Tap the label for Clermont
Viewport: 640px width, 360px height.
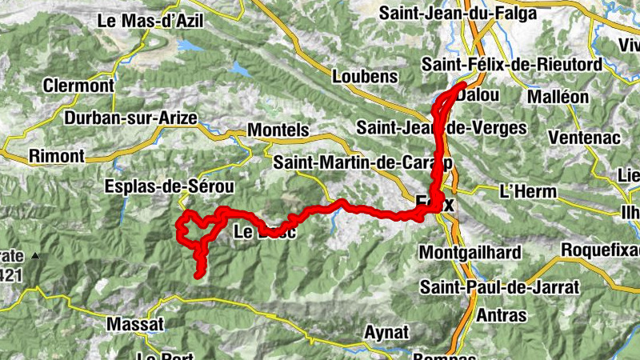click(77, 85)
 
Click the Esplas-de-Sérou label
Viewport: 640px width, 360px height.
click(169, 186)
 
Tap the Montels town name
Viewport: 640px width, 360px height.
click(278, 130)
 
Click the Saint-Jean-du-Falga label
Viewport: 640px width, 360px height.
click(474, 13)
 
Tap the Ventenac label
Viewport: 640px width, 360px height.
click(585, 137)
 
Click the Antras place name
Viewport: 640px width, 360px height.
click(501, 315)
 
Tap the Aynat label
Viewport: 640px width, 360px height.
click(387, 331)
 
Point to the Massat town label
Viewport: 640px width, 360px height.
click(135, 325)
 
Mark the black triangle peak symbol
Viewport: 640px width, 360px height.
click(35, 258)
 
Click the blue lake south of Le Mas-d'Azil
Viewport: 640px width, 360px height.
click(193, 46)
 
